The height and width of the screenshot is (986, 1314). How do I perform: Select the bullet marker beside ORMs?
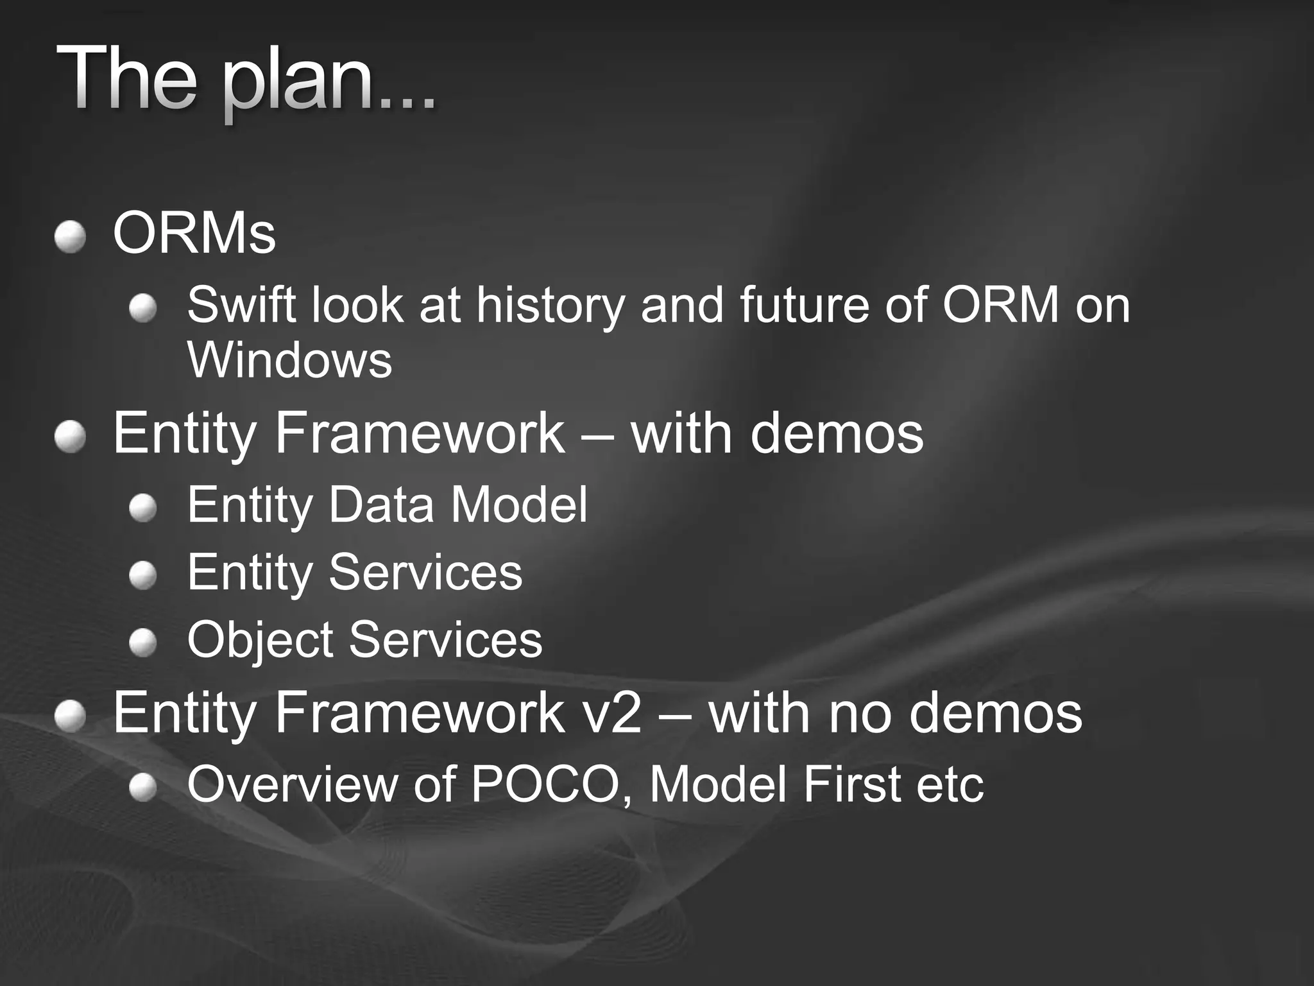[70, 238]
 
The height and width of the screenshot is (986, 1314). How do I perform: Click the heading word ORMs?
[194, 234]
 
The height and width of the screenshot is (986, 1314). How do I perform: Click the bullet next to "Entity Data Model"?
[142, 510]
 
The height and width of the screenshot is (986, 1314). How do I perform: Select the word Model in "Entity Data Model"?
[518, 505]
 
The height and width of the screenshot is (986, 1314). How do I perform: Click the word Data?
[381, 505]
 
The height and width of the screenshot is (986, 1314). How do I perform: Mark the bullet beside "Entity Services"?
[142, 576]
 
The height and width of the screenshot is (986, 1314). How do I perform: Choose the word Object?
[260, 640]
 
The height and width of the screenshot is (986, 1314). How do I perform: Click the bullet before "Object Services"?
[142, 643]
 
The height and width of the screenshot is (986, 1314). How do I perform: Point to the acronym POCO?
[549, 784]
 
